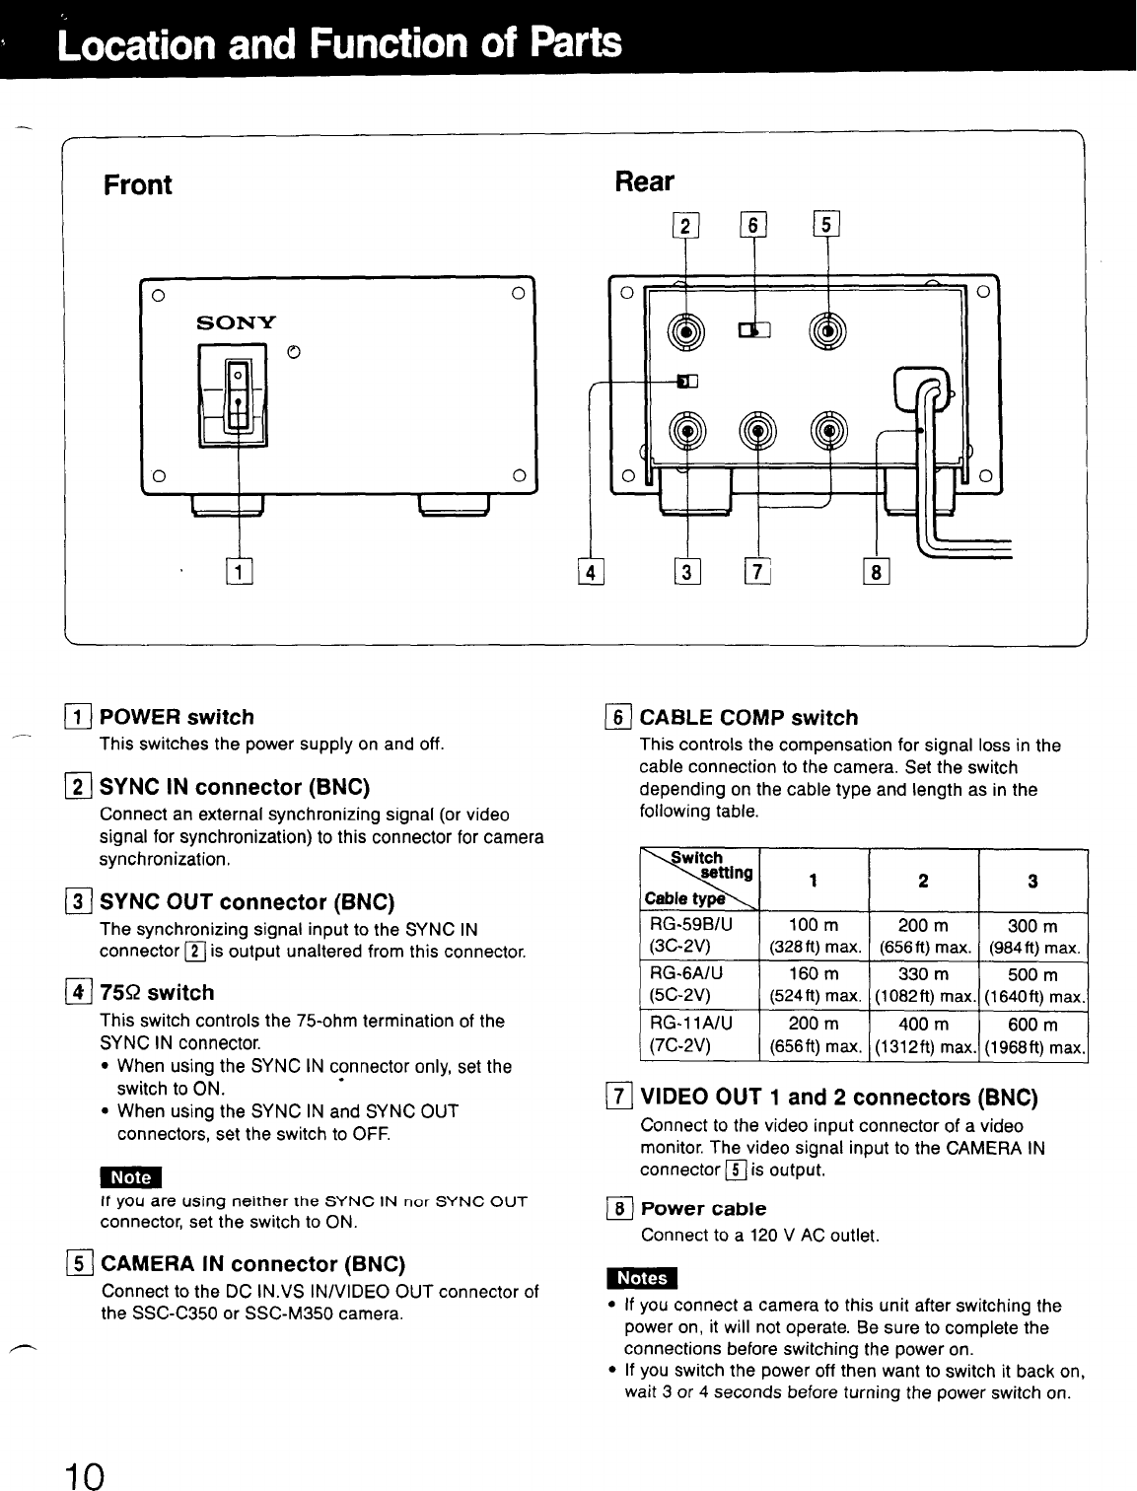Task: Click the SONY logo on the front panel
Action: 237,322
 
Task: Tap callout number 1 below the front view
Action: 240,571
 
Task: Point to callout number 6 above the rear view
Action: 753,226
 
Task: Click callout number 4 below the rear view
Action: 589,571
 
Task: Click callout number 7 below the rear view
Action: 756,571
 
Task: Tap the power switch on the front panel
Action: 238,394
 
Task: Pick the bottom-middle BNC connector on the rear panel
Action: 756,430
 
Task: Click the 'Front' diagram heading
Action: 138,184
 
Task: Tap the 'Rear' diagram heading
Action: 644,181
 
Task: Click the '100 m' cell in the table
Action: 816,926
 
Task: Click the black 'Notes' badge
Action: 642,1277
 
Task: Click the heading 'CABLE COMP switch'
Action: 748,718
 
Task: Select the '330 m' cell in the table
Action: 924,975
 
